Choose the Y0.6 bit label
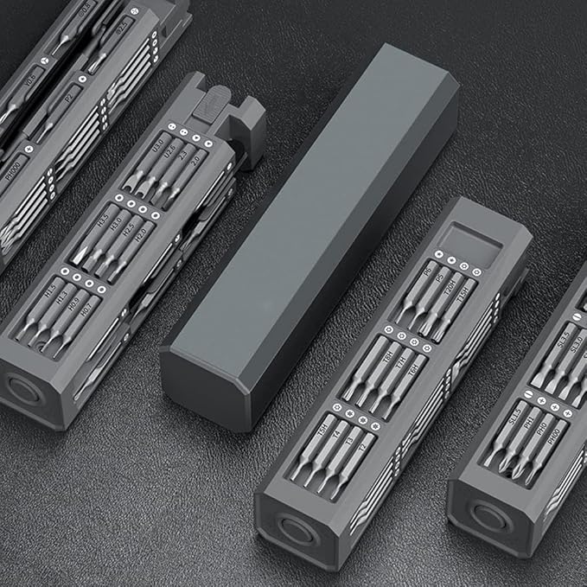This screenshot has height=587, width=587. pyautogui.click(x=32, y=78)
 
